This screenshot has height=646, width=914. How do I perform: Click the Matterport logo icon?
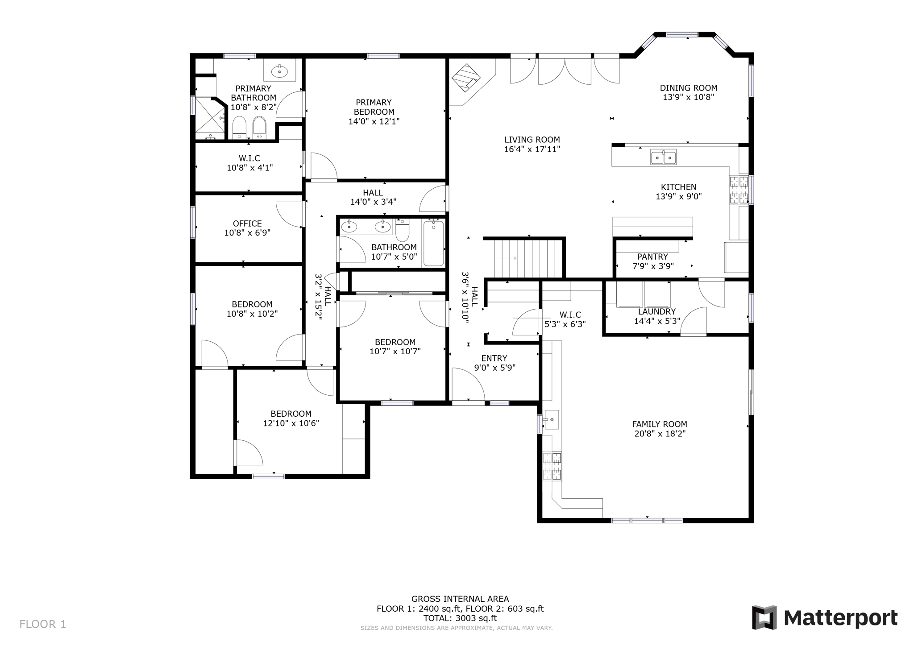[764, 617]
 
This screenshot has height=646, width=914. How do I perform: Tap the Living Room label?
[532, 140]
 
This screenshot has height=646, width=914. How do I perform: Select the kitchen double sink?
[663, 157]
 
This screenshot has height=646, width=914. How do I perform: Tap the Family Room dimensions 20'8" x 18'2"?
[660, 434]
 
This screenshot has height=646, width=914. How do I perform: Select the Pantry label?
[652, 257]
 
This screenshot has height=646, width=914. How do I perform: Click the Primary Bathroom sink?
[280, 70]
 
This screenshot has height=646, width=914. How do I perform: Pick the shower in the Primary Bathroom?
[210, 115]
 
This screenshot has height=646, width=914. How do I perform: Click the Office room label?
[247, 224]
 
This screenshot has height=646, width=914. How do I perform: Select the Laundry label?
[657, 311]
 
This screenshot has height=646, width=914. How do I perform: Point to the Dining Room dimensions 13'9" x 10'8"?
[688, 97]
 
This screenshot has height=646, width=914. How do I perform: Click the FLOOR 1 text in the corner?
[43, 624]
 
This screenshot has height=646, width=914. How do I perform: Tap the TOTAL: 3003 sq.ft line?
[460, 618]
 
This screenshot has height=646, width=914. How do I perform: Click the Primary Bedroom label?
[374, 107]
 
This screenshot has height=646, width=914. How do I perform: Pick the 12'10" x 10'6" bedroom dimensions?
[291, 423]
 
